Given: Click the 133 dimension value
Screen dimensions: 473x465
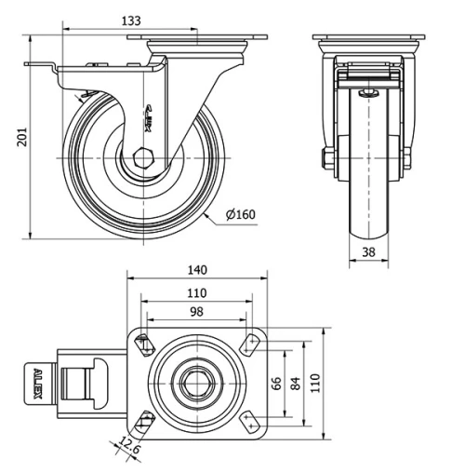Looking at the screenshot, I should (x=133, y=20).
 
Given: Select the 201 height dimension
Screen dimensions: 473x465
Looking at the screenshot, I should (x=20, y=138).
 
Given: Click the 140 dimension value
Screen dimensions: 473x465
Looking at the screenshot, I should (x=197, y=270).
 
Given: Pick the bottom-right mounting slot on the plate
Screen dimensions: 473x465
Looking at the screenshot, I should (x=249, y=422).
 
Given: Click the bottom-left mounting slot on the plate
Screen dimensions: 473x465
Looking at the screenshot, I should (x=143, y=422).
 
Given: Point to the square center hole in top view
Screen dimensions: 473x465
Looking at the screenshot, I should (x=196, y=383).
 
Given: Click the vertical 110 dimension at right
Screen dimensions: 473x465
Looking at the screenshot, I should (x=315, y=383).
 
